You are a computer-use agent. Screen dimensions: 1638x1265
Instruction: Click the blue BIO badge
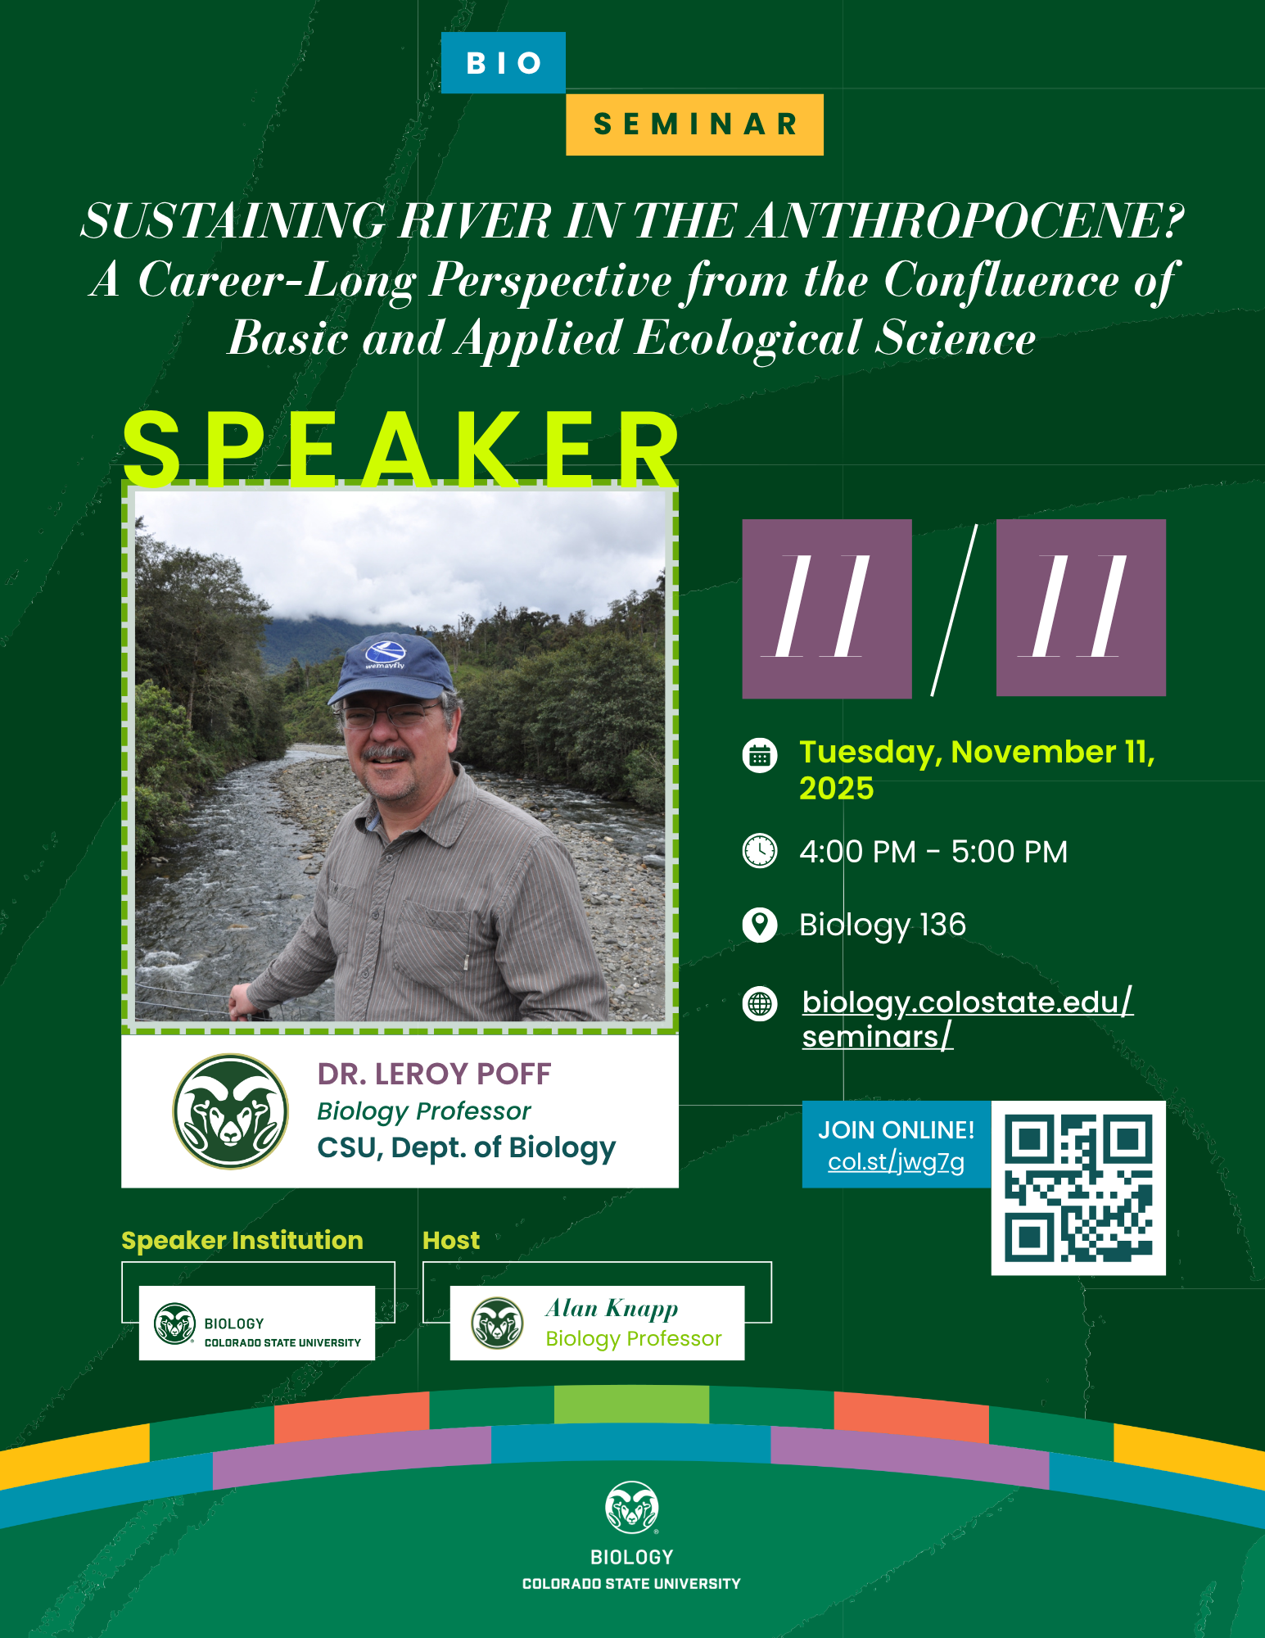pos(503,63)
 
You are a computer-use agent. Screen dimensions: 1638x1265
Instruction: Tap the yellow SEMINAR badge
pos(694,124)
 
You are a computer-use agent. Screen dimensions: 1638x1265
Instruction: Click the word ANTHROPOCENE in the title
pos(966,221)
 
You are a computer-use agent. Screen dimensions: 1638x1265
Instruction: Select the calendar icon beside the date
pos(759,755)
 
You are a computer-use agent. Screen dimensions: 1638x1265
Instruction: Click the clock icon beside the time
pos(759,851)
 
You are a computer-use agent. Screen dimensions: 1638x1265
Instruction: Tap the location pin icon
pos(759,925)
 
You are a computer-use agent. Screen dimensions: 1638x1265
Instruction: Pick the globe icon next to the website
pos(759,1003)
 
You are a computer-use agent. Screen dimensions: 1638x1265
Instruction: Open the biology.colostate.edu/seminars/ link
pos(966,1018)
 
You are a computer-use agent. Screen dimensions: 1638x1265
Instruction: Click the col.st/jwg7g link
pos(896,1162)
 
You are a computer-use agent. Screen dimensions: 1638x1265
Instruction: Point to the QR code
pos(1078,1188)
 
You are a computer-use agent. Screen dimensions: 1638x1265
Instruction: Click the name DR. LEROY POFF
pos(434,1074)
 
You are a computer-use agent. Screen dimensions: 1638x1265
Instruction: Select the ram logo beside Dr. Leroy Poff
pos(231,1111)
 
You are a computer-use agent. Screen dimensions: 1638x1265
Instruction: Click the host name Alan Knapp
pos(612,1308)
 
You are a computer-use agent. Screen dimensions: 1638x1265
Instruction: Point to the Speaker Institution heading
pos(242,1241)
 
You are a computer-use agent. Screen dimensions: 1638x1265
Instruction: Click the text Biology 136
pos(883,925)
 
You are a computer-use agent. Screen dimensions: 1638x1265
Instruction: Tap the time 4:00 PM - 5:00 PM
pos(933,852)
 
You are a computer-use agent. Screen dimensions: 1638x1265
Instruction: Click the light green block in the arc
pos(631,1404)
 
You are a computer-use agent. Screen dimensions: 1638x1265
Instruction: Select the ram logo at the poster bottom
pos(631,1507)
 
